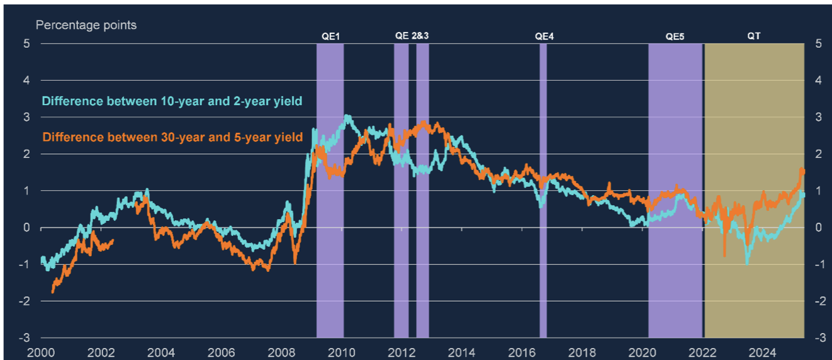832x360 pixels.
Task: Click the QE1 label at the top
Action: (x=330, y=37)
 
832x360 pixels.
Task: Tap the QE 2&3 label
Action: (x=412, y=37)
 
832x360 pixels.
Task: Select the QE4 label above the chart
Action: (x=544, y=37)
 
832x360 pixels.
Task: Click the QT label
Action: (x=753, y=37)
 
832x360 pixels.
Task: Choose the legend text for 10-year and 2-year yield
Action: (x=172, y=101)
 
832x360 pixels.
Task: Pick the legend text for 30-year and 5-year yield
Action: (x=172, y=137)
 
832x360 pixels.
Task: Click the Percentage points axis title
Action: (x=86, y=25)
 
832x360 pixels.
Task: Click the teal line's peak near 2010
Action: (x=347, y=116)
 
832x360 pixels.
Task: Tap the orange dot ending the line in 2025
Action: (x=802, y=171)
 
